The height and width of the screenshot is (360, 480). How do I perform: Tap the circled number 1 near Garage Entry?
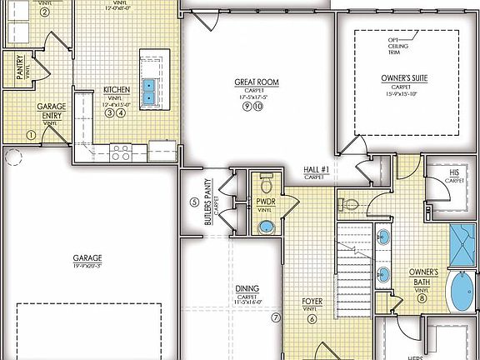31,134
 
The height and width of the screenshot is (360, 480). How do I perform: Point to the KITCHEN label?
116,89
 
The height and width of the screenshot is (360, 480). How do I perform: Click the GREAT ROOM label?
256,82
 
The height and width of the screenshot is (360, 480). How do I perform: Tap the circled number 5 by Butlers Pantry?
194,202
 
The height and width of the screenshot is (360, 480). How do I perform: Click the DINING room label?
246,288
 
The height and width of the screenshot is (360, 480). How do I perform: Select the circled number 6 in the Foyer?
312,318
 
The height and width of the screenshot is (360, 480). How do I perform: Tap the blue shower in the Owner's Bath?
461,239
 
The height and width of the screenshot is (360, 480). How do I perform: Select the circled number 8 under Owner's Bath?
422,298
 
